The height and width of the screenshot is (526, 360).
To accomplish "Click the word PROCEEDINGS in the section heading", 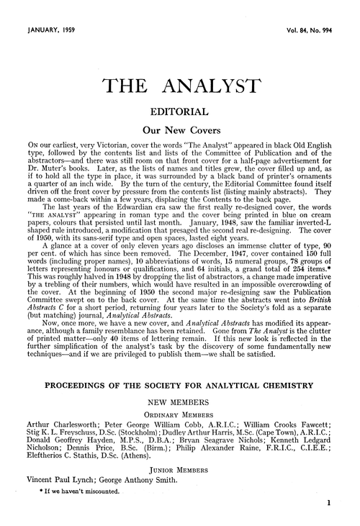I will [x=78, y=386].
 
